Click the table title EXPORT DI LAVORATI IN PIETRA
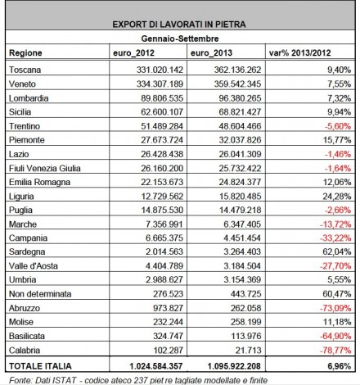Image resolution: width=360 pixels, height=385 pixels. [x=179, y=25]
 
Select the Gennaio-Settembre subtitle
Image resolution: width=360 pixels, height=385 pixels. [x=180, y=38]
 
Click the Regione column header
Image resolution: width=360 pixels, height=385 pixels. [x=25, y=52]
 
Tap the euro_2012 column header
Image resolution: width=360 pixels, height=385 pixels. [x=133, y=52]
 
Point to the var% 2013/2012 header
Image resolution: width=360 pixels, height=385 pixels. [x=299, y=52]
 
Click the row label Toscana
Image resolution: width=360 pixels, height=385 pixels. [x=25, y=70]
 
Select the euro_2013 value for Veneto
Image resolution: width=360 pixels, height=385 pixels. [x=237, y=84]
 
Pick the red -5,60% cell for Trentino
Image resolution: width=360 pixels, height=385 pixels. [x=338, y=126]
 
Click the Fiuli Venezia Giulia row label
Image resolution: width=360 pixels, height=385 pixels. [x=45, y=168]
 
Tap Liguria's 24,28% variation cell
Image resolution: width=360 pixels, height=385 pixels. [x=337, y=196]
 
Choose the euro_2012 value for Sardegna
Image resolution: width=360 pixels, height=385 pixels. [x=164, y=251]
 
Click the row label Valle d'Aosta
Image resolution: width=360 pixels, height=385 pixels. [x=34, y=265]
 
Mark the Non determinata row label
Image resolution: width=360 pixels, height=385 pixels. [x=40, y=294]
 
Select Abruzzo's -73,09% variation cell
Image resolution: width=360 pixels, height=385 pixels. [x=335, y=308]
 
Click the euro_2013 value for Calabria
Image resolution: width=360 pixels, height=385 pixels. [x=249, y=350]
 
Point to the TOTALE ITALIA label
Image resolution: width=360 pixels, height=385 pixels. [x=40, y=366]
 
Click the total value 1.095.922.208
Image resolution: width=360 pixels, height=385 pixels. [x=234, y=366]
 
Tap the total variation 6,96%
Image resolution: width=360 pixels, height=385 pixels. [x=339, y=366]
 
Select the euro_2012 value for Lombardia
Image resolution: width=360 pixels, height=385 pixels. [x=162, y=98]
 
